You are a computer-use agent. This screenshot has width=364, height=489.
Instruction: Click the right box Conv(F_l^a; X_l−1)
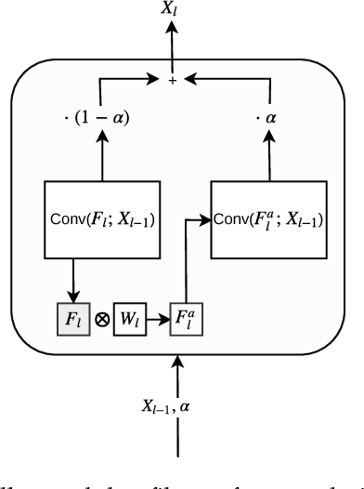[268, 220]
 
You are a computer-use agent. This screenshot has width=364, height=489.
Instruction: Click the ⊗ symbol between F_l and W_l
[100, 319]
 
